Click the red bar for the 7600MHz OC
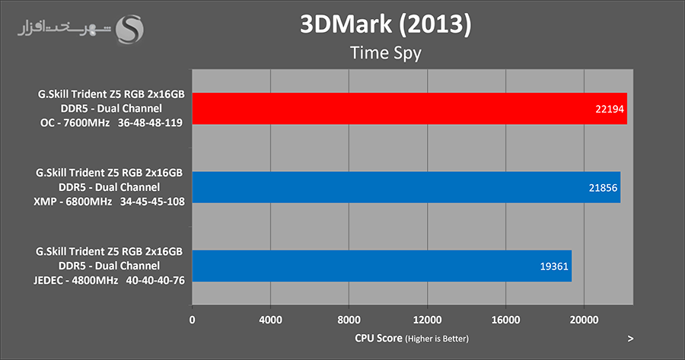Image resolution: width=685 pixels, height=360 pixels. point(409,108)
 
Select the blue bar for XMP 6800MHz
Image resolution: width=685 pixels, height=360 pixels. point(406,187)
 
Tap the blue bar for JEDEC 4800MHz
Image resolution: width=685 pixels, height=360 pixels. point(381,266)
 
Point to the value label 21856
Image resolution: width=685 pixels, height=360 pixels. point(604,187)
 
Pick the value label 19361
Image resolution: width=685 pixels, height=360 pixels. point(555,266)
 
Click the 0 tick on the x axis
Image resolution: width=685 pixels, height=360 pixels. point(193,320)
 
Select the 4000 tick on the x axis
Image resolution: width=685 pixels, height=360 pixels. point(270,320)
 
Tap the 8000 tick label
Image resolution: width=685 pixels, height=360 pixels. point(349,320)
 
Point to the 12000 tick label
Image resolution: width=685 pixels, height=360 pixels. point(427,320)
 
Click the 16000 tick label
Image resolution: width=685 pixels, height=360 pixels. point(505,320)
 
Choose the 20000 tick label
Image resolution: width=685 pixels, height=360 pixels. point(584,320)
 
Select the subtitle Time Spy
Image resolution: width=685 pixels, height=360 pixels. point(385,53)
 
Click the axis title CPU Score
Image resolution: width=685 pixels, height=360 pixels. point(379,338)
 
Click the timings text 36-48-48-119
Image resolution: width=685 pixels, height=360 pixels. point(150,123)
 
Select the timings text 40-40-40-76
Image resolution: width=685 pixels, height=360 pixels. point(151,280)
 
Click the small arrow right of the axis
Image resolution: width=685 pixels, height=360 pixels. point(630,338)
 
